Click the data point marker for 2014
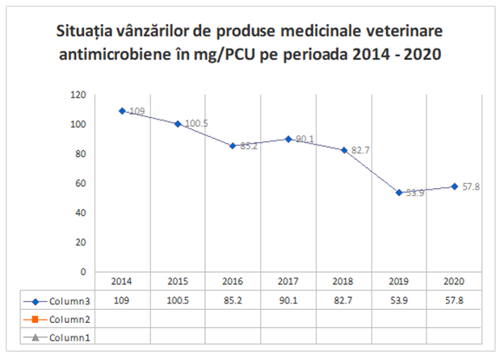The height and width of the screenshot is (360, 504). pos(122,111)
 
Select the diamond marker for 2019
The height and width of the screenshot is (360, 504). pos(399,193)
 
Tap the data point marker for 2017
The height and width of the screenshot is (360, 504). pos(288,140)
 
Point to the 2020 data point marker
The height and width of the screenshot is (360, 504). pos(455,186)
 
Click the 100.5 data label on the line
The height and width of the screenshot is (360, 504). pos(196,123)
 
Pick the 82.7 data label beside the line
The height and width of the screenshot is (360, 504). pos(360,150)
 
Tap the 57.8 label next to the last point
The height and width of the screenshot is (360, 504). pos(471,186)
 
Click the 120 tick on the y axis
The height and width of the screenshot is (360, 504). pos(78,95)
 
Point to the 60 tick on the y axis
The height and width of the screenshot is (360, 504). pos(80,183)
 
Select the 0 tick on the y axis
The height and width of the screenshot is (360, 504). pos(83,272)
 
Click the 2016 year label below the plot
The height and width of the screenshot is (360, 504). pos(233,282)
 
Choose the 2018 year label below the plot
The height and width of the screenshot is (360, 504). pos(343,282)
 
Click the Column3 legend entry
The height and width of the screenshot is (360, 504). pos(69,301)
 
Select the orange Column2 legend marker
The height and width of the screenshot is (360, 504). pos(36,320)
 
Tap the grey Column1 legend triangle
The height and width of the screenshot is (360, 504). pos(36,337)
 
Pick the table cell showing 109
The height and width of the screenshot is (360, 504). pos(121,300)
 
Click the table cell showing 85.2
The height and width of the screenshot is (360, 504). pos(233,300)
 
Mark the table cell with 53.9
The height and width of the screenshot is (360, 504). pos(399,300)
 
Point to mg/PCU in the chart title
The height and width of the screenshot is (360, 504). pos(224,55)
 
